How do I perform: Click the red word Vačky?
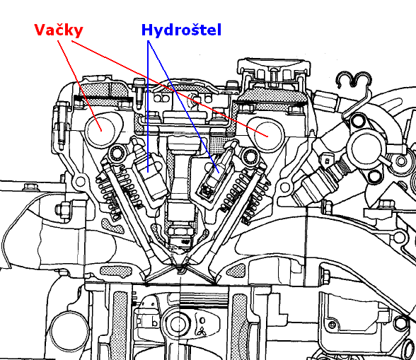[x=59, y=30]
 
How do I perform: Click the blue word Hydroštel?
[x=181, y=30]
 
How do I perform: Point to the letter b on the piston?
[x=154, y=322]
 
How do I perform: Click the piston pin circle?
[x=178, y=324]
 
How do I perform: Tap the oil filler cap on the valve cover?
[x=274, y=69]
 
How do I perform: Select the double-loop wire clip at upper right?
[x=354, y=80]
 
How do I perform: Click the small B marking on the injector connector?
[x=327, y=161]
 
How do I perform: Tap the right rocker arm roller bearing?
[x=250, y=156]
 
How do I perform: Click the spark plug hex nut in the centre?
[x=180, y=231]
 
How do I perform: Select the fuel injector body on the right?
[x=316, y=186]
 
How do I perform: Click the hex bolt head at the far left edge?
[x=28, y=187]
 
